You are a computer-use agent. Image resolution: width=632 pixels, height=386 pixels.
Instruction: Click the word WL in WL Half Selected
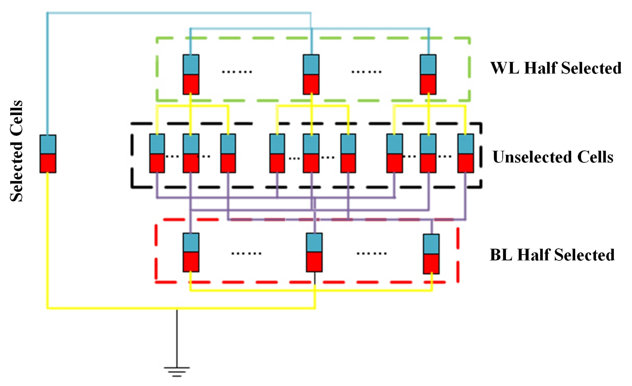[505, 68]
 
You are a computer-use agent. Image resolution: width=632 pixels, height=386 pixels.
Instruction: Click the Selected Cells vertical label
[16, 151]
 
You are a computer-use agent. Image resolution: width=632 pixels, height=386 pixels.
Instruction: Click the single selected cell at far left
[48, 154]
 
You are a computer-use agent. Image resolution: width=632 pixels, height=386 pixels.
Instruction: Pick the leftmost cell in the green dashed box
[191, 74]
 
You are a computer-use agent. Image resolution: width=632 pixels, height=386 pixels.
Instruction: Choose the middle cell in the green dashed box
[311, 74]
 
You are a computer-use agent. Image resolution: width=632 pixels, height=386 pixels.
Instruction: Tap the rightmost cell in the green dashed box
[428, 74]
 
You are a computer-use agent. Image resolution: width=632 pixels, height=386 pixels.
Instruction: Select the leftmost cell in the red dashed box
[191, 252]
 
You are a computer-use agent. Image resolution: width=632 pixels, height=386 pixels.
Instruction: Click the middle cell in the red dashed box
[314, 252]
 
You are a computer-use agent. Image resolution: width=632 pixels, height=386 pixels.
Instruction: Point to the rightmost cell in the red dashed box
[431, 254]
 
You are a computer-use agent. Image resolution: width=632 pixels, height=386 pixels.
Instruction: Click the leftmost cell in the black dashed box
[157, 153]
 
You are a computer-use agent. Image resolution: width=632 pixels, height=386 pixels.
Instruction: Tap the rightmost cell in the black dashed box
[466, 153]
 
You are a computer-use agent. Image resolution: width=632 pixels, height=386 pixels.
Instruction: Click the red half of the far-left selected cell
[48, 163]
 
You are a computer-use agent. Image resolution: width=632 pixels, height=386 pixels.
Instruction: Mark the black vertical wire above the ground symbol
[177, 337]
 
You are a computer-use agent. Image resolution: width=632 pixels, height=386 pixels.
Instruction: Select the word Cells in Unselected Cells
[595, 157]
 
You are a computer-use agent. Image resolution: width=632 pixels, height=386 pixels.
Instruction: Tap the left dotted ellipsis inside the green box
[237, 72]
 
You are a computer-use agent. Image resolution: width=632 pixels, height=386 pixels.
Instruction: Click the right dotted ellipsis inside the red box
[372, 253]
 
